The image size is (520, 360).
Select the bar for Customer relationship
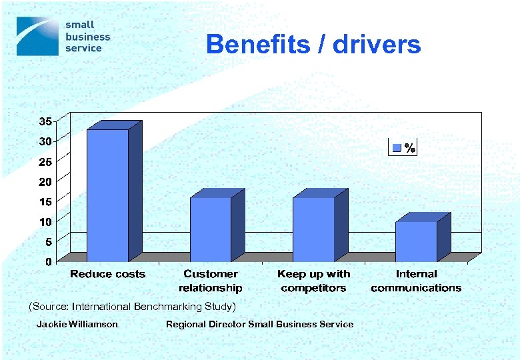click(x=211, y=229)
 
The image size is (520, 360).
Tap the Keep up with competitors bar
click(x=313, y=229)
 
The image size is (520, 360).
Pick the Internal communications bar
click(x=416, y=241)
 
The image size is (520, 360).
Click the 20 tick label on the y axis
click(x=45, y=180)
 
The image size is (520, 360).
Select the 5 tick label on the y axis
click(x=48, y=241)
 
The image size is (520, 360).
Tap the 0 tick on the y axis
click(x=48, y=261)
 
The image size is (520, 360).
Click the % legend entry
click(x=404, y=149)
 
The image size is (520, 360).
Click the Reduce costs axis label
click(x=107, y=274)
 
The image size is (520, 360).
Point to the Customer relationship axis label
click(x=210, y=281)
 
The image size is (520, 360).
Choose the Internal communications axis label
click(x=416, y=281)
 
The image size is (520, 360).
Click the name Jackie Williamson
click(x=77, y=324)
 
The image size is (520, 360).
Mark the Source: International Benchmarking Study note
click(x=132, y=307)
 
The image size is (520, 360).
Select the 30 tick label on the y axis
click(x=45, y=141)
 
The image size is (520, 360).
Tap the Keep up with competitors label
click(x=313, y=281)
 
